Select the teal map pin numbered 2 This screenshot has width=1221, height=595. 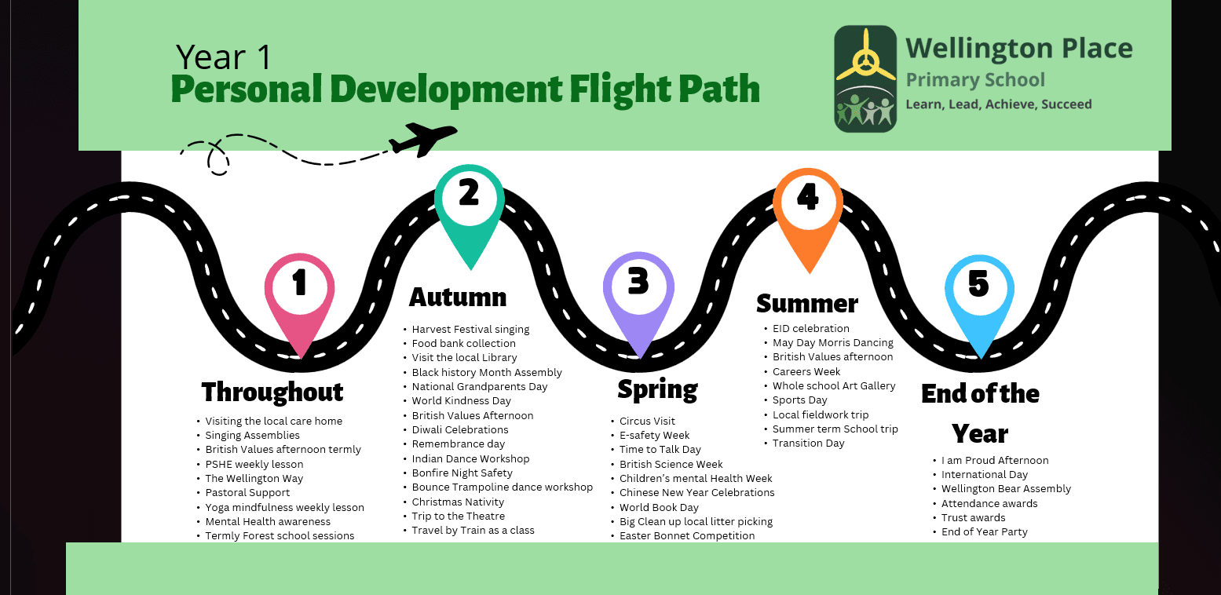469,204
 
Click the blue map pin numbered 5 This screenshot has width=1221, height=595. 978,294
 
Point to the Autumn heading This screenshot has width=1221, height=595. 458,297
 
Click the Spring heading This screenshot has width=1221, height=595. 657,389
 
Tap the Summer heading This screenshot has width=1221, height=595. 807,303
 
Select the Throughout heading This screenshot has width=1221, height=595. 272,392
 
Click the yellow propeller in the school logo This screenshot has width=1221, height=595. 865,57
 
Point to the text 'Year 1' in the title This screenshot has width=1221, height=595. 224,57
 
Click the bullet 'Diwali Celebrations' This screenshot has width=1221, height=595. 460,430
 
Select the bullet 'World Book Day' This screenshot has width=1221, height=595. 659,507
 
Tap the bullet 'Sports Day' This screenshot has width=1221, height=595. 800,400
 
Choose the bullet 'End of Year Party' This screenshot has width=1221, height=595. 985,532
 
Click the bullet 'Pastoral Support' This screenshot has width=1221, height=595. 247,493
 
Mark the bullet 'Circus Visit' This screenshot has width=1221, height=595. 647,422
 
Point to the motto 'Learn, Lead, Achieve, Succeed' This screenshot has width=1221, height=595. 999,104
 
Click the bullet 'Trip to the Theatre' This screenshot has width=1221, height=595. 459,517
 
